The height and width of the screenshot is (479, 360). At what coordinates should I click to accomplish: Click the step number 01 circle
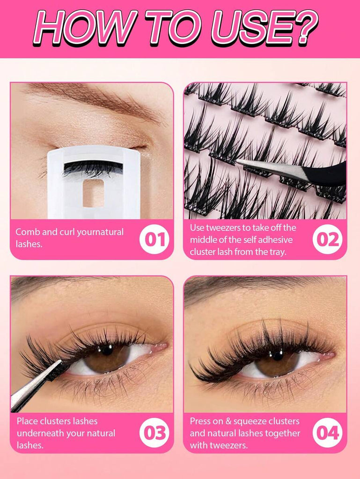coord(154,239)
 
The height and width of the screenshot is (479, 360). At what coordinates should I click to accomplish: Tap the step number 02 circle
coord(328,239)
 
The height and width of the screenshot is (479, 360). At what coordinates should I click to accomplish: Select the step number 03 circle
coord(154,433)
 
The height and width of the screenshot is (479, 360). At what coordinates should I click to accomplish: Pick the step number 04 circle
coord(328,433)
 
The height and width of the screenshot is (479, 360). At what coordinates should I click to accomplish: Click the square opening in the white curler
coord(93,193)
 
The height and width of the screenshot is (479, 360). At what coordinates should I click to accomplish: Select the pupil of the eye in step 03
coord(107,349)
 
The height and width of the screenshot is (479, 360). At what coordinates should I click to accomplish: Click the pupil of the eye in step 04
coord(278,355)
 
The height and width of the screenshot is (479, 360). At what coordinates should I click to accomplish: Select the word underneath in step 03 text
coord(40,433)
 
